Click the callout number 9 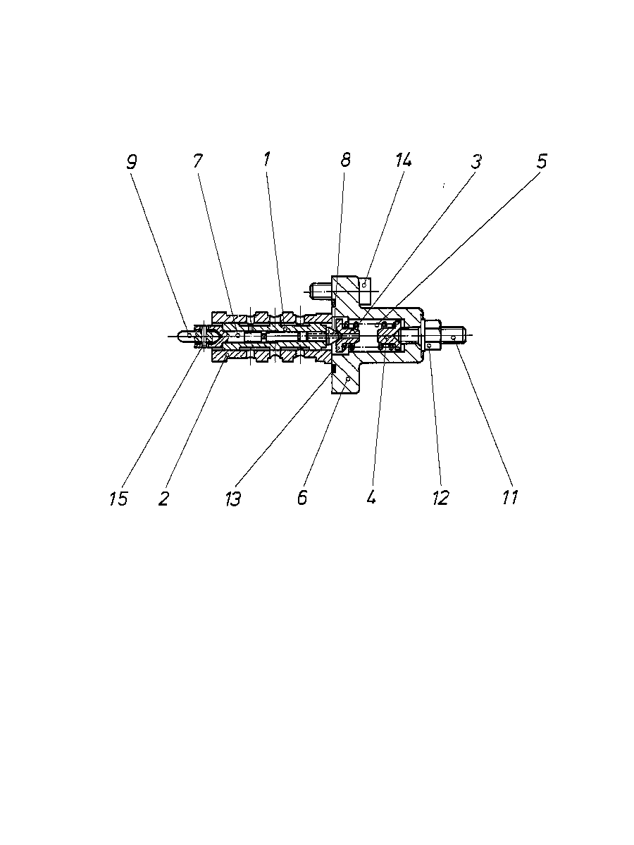132,163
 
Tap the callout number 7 198,161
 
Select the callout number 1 267,159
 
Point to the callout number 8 345,160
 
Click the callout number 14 404,159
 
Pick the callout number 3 476,162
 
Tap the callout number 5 541,161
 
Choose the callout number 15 118,499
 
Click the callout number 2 163,499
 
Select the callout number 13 233,499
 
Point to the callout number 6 302,498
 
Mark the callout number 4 371,496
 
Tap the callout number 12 441,498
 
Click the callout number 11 510,497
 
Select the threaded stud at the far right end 454,337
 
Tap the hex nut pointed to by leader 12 433,336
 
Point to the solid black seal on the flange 334,368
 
